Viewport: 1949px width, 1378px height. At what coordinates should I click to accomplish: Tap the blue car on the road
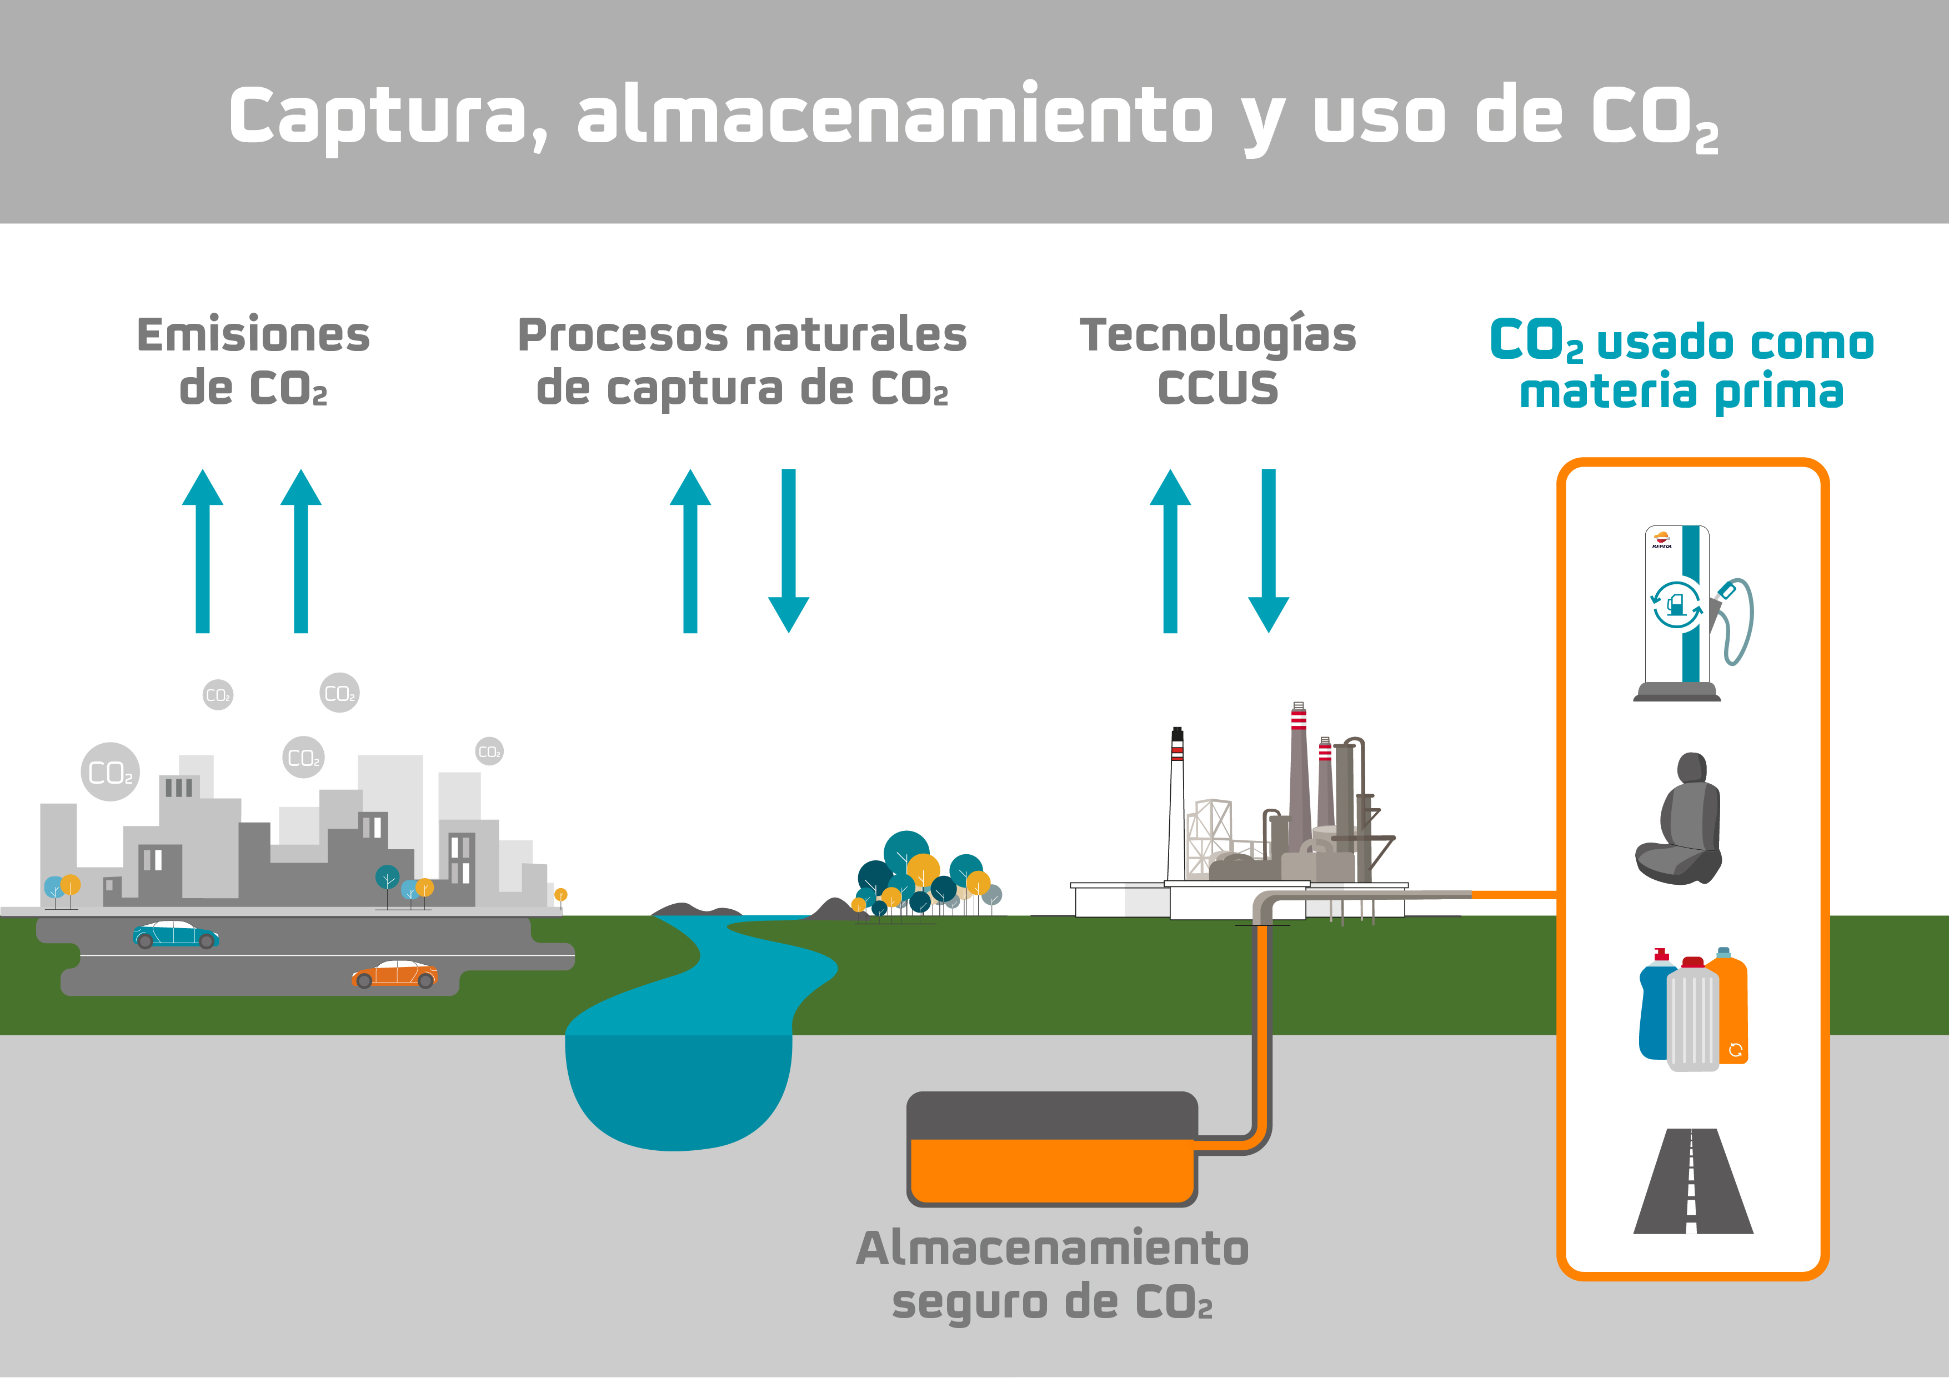pos(176,935)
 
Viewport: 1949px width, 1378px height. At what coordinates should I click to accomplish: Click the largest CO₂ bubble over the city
pos(111,773)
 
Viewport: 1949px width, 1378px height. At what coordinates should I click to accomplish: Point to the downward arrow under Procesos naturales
pos(789,552)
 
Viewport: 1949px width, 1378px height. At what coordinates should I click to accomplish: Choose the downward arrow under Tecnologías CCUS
pos(1268,552)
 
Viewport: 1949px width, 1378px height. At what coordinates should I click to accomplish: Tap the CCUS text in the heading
pos(1218,388)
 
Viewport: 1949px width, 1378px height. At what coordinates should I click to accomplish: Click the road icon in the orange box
pos(1692,1182)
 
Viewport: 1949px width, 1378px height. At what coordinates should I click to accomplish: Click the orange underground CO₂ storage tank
pos(1053,1170)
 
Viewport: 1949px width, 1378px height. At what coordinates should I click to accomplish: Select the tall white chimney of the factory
pos(1176,806)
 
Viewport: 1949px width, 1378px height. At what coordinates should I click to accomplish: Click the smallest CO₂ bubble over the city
pos(489,751)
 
